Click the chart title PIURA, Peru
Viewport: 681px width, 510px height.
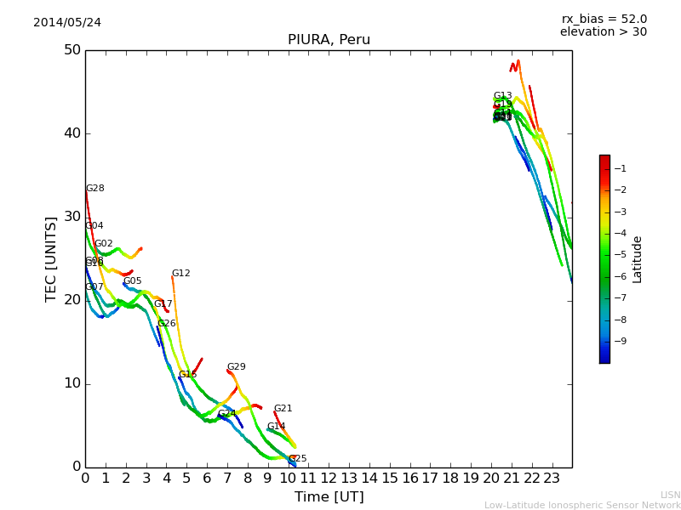point(329,40)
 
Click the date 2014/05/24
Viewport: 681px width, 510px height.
point(67,23)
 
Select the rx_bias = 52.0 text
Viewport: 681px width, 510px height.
point(604,20)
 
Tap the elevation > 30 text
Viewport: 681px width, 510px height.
point(604,32)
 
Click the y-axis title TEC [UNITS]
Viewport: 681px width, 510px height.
point(51,258)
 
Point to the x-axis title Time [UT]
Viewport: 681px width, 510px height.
point(329,497)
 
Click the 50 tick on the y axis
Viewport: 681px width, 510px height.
point(72,50)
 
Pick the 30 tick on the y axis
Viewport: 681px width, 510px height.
point(72,217)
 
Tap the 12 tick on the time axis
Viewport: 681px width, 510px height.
point(329,479)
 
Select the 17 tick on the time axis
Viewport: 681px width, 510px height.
point(431,479)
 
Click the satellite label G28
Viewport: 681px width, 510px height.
point(95,189)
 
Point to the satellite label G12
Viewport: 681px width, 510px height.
point(181,274)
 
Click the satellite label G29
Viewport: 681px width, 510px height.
point(237,367)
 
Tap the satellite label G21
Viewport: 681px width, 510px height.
point(283,409)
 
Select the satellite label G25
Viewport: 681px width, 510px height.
point(298,459)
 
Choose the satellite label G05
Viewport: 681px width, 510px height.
point(133,281)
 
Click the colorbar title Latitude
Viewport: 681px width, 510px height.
point(638,259)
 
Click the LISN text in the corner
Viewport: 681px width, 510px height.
point(671,495)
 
